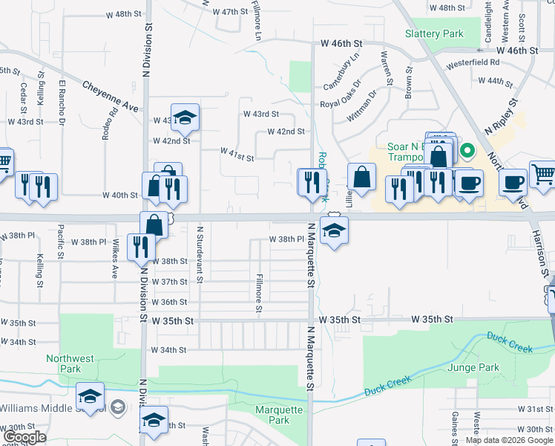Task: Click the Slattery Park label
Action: [434, 33]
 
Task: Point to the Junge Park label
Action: [473, 366]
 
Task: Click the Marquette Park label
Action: [279, 415]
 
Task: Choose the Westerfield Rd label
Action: [473, 62]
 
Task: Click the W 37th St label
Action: [169, 282]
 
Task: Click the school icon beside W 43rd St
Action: [185, 117]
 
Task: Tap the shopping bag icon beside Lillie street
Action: [361, 178]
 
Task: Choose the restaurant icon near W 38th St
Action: [140, 247]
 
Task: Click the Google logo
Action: [24, 438]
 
